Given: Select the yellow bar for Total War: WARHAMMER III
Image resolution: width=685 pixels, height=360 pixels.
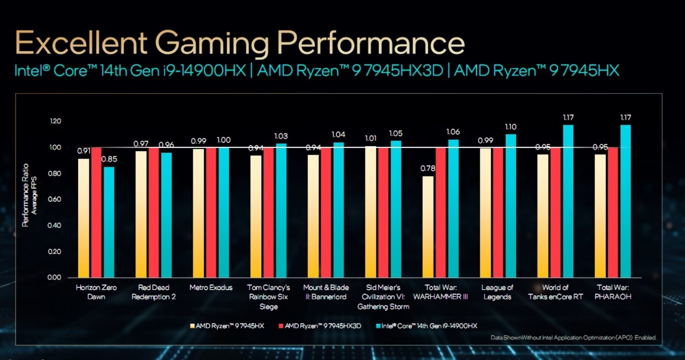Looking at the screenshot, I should [x=428, y=227].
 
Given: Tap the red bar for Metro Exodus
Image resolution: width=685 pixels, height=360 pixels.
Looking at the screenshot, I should [x=211, y=212].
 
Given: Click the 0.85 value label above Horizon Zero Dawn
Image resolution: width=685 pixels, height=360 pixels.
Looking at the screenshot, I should [x=108, y=160].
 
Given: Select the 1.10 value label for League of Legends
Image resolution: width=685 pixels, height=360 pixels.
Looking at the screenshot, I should [x=510, y=127].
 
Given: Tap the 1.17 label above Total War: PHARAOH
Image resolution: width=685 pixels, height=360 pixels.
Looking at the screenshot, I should [x=626, y=117].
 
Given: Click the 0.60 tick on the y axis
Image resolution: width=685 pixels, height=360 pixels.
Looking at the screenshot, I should [x=55, y=200].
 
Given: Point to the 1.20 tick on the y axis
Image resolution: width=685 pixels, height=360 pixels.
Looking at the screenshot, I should [x=55, y=121].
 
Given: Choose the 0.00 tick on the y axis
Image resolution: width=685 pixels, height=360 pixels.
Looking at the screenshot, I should [x=55, y=277].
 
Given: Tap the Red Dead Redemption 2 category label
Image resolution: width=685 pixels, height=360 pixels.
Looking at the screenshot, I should [x=154, y=292].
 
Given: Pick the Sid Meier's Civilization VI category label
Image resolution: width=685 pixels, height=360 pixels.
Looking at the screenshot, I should [x=383, y=297].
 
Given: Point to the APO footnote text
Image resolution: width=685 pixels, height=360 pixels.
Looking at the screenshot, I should [x=573, y=338].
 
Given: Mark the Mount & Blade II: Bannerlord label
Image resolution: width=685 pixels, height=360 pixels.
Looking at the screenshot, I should [x=326, y=292].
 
